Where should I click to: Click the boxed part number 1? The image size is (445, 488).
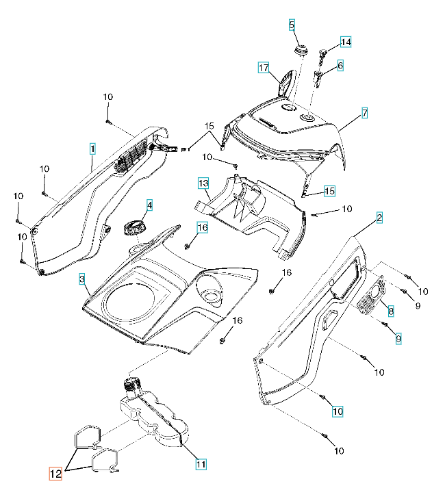coord(92,147)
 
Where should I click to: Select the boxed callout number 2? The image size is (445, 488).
coord(379,218)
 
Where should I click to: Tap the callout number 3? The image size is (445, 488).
coord(81,279)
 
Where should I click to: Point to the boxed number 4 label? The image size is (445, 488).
coord(149,205)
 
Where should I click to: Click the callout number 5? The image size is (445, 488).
coord(292,25)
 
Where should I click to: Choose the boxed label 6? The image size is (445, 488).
coord(340,66)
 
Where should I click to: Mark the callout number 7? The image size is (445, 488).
coord(365,113)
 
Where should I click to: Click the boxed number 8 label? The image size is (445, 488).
coord(391,311)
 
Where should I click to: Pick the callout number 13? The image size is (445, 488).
coord(203,183)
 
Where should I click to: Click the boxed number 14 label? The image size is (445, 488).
coord(346,42)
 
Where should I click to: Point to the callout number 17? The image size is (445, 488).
coord(263,67)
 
